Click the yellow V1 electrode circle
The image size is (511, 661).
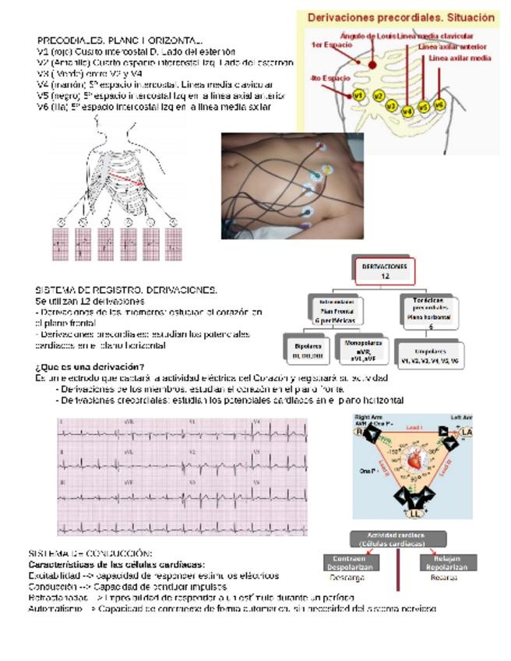tap(358, 94)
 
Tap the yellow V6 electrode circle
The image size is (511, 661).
tap(439, 104)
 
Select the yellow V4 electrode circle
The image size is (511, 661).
tap(407, 111)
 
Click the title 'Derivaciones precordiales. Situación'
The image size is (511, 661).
tap(400, 17)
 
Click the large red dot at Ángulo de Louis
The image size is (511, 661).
tap(373, 67)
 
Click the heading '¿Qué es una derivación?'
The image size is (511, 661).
tap(89, 366)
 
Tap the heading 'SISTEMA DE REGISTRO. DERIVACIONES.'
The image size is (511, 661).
tap(126, 290)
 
